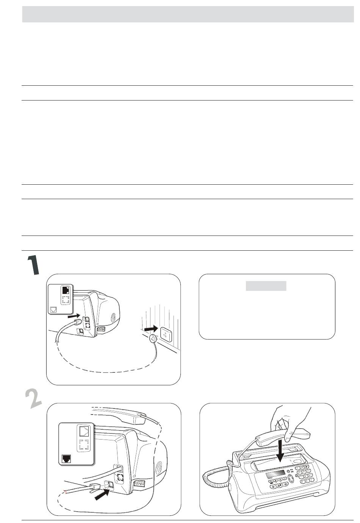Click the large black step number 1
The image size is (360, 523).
tap(33, 265)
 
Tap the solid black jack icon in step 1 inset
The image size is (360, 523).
tap(66, 290)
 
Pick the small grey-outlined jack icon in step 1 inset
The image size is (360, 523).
tap(53, 309)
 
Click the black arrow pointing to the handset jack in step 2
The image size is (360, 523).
tap(102, 495)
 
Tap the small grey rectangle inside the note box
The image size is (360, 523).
tap(266, 286)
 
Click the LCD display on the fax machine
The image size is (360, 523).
tap(275, 474)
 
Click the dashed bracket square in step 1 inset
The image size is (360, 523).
tap(66, 300)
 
